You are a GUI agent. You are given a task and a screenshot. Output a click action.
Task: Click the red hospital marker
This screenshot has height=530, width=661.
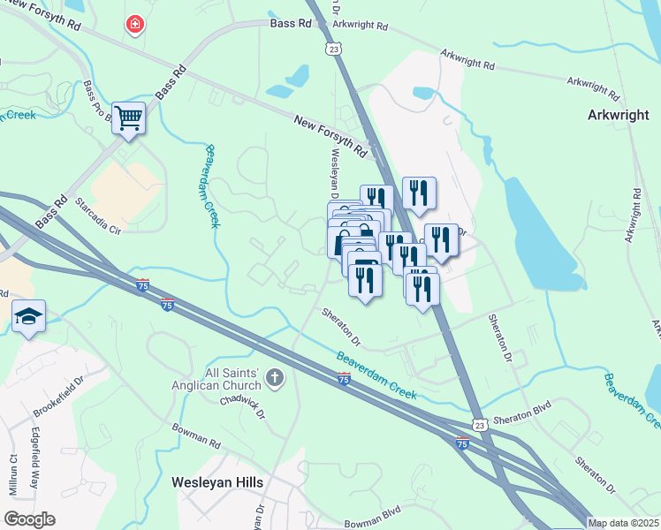point(134,24)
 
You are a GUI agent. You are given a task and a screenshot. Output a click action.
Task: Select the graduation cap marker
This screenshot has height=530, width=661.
point(28,317)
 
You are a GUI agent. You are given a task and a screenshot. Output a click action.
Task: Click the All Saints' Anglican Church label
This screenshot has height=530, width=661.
point(221,379)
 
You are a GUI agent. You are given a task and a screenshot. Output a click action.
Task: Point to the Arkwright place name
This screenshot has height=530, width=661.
point(619,115)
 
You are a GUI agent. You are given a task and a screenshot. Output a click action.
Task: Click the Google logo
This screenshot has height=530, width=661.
point(29,519)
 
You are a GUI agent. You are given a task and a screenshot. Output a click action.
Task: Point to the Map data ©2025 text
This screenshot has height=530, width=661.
point(623,523)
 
